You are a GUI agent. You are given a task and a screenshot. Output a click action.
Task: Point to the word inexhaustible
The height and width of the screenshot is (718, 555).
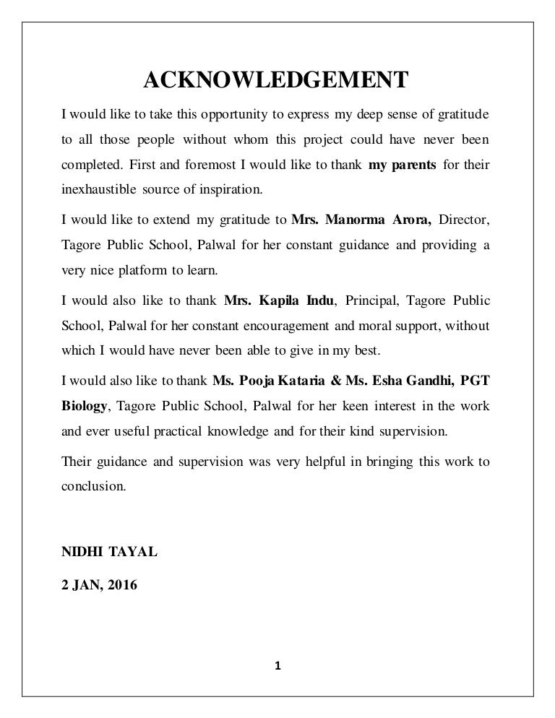pyautogui.click(x=96, y=190)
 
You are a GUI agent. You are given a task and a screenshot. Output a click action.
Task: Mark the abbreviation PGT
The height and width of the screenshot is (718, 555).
pyautogui.click(x=475, y=381)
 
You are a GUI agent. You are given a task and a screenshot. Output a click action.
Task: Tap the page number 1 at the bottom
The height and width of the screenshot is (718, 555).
pyautogui.click(x=277, y=665)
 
